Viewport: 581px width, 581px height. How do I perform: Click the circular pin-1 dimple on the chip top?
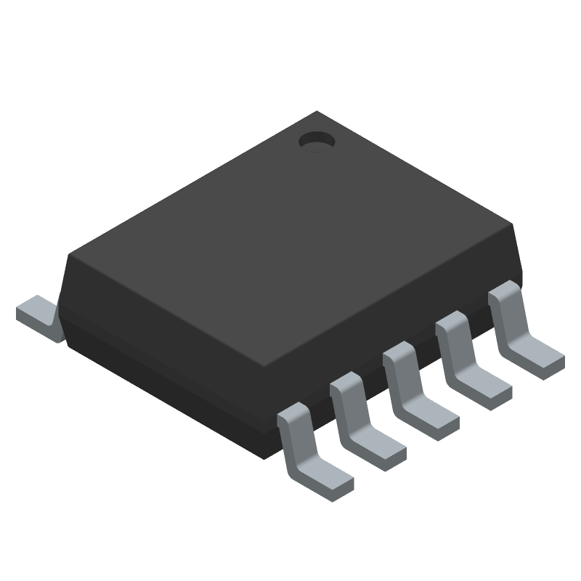point(316,141)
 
